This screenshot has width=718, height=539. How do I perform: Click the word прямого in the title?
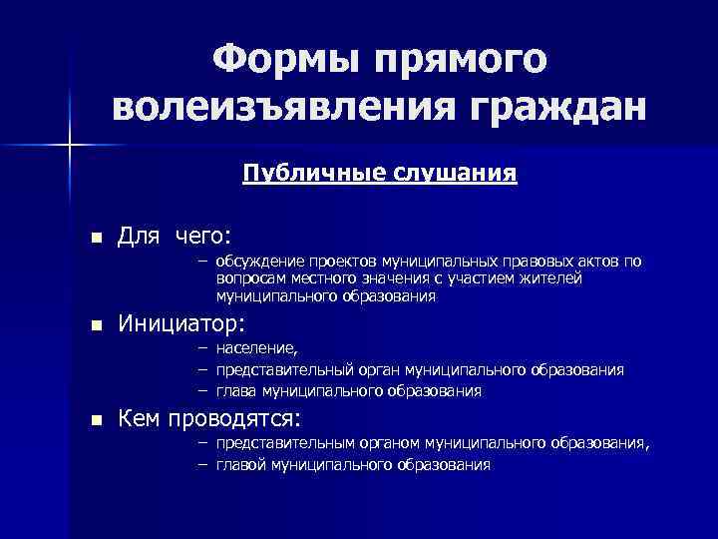[465, 62]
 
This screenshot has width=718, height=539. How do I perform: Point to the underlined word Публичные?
[303, 174]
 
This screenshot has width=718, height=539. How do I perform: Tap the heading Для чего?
[175, 236]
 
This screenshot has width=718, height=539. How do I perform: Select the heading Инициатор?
[181, 324]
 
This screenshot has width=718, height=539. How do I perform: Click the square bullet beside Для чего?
[96, 238]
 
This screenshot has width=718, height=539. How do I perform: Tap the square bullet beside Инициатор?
[96, 326]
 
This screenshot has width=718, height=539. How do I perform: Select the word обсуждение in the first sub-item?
[258, 262]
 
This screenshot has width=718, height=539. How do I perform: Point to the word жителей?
[551, 278]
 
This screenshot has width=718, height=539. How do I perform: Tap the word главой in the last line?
[238, 465]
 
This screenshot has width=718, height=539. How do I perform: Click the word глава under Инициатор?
[236, 391]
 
